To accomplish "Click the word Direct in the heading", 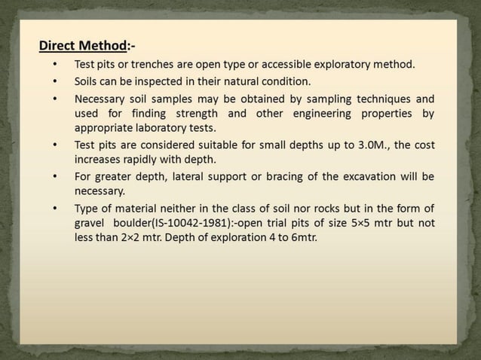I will pos(58,45).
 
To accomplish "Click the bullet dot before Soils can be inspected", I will pos(54,81).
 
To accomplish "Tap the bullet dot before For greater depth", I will pos(54,177).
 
